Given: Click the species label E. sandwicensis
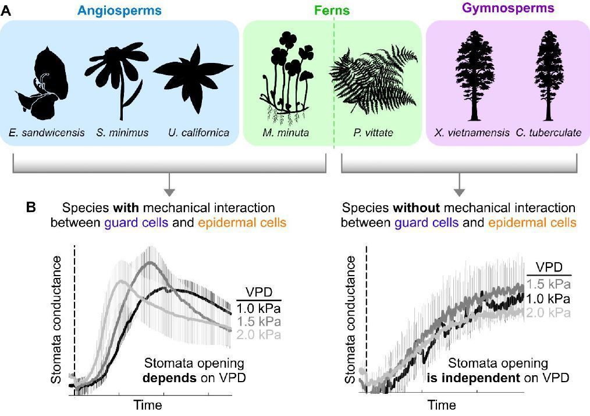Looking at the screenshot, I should [47, 133].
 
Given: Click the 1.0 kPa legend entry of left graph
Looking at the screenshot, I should [259, 309].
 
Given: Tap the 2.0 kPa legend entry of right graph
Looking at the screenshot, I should [549, 313].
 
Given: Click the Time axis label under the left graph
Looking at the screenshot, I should [148, 404].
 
